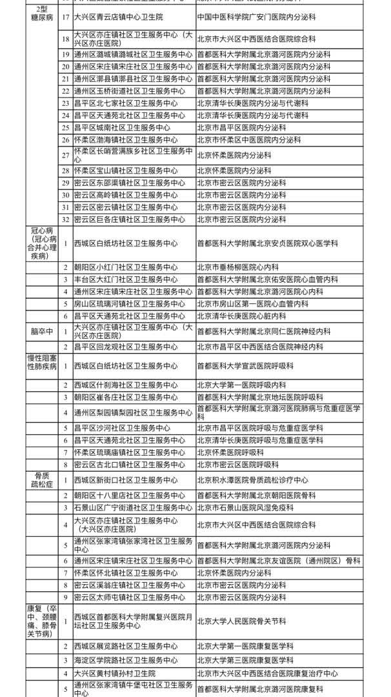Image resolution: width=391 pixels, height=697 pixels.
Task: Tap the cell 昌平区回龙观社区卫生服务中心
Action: pyautogui.click(x=123, y=347)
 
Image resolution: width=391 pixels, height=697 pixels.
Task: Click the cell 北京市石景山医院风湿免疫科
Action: pyautogui.click(x=245, y=508)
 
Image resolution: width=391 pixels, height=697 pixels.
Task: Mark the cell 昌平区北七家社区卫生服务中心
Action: pyautogui.click(x=123, y=103)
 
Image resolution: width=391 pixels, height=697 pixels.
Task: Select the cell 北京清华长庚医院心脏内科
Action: pyautogui.click(x=241, y=316)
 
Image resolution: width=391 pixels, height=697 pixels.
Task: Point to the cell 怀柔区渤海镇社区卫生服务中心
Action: pyautogui.click(x=123, y=139)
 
